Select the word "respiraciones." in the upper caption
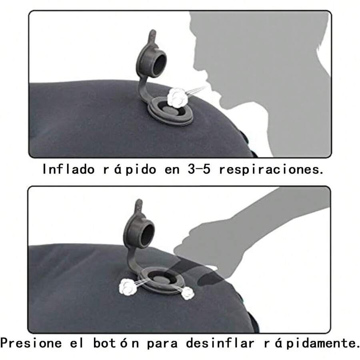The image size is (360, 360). pyautogui.click(x=271, y=169)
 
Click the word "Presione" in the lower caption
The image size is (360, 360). pyautogui.click(x=31, y=343)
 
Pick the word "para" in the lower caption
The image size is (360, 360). pyautogui.click(x=162, y=343)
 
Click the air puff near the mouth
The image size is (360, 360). pyautogui.click(x=176, y=97)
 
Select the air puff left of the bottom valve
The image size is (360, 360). pyautogui.click(x=128, y=286)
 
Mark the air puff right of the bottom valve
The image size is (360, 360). pyautogui.click(x=187, y=293)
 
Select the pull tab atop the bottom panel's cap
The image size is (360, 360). pyautogui.click(x=138, y=206)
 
